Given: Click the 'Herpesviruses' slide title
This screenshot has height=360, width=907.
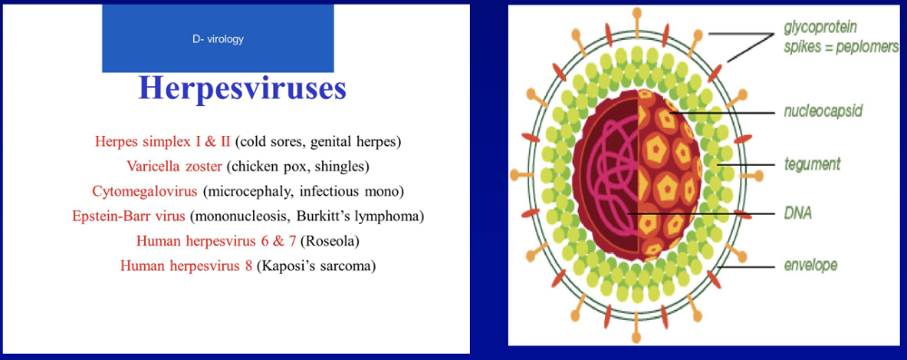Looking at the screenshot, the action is click(x=242, y=90).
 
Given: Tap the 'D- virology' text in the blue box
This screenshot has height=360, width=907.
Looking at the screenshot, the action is click(x=218, y=39).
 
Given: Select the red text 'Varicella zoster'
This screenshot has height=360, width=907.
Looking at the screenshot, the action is click(x=174, y=167).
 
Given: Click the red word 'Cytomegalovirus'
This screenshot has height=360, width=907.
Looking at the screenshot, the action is click(x=139, y=191).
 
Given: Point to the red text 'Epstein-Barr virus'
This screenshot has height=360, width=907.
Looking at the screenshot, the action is click(x=129, y=216).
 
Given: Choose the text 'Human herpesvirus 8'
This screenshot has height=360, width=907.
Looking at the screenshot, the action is click(x=186, y=267).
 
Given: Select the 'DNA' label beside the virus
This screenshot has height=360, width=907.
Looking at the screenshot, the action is click(x=798, y=214).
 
